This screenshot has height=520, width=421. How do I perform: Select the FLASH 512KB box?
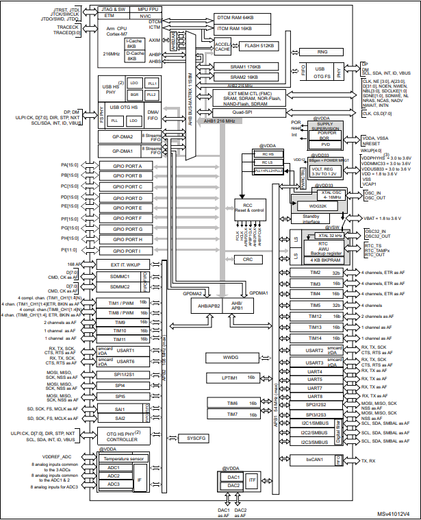click(260, 46)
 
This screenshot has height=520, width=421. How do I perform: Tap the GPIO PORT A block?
click(122, 166)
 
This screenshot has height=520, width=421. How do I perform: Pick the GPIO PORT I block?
click(122, 250)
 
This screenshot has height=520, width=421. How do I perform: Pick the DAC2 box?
click(233, 486)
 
